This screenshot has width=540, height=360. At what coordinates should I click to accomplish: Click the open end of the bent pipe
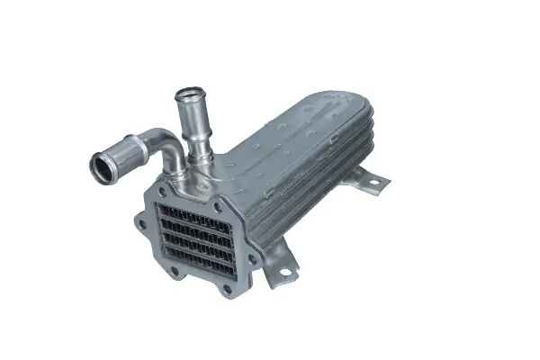101,166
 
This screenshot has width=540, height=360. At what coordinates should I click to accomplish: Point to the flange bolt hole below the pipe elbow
163,192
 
